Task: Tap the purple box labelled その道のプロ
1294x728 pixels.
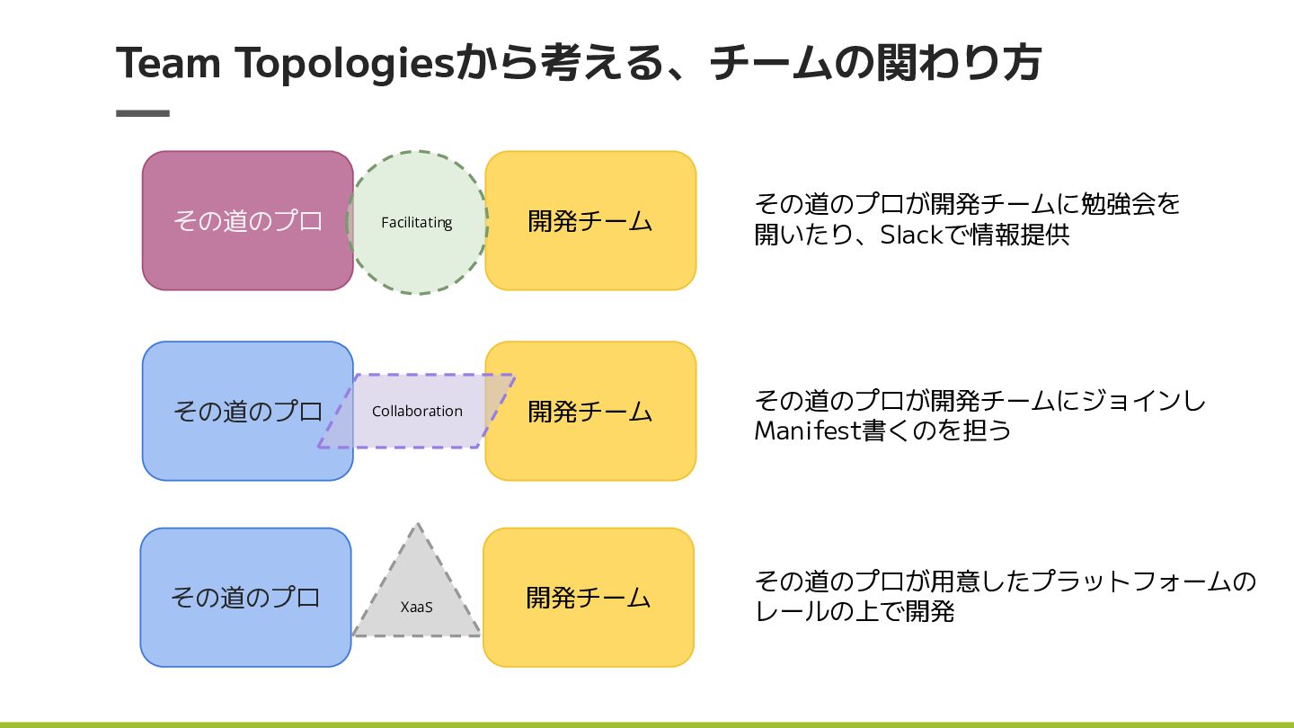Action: click(x=247, y=221)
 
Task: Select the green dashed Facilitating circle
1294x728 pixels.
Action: click(x=417, y=256)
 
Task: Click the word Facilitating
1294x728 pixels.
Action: click(x=416, y=222)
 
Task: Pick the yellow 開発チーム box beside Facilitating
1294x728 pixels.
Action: click(x=590, y=221)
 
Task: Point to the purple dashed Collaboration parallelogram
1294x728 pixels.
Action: click(x=416, y=431)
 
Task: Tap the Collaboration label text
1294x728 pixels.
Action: click(x=417, y=411)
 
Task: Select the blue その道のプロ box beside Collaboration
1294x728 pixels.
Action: click(x=247, y=412)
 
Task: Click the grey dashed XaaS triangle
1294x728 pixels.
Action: click(x=417, y=575)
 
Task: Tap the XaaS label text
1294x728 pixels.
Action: click(x=416, y=607)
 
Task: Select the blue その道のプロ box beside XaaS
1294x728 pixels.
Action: click(x=245, y=598)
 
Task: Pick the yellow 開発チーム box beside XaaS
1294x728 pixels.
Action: click(x=589, y=598)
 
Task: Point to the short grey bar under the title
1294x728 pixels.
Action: click(x=143, y=113)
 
